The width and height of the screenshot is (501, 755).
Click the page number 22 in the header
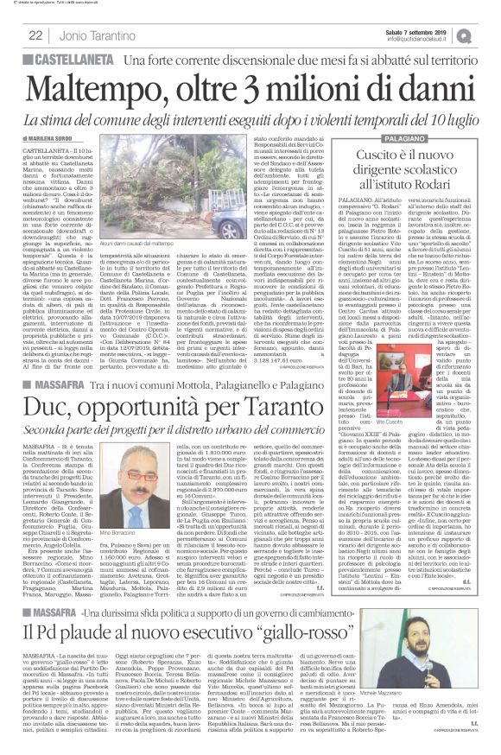(x=36, y=35)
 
